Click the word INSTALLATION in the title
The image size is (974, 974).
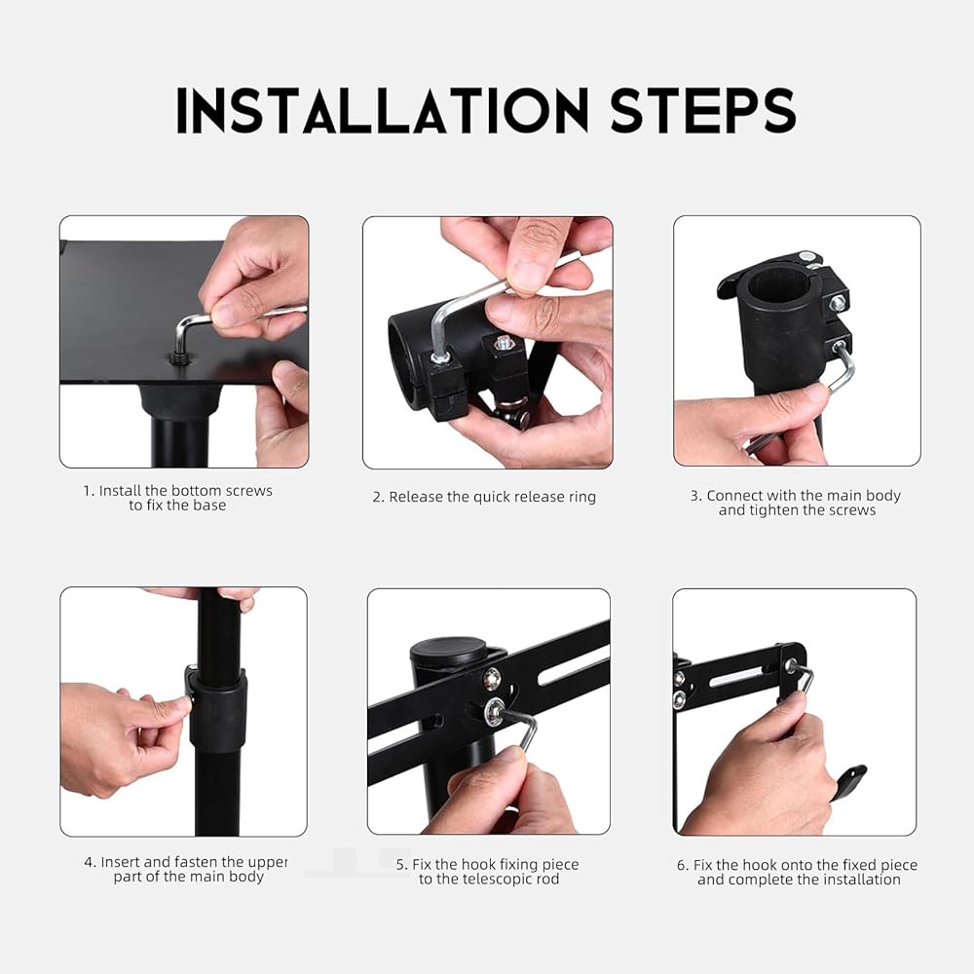click(382, 110)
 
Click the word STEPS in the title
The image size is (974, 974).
click(702, 110)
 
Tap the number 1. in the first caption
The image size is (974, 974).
click(89, 491)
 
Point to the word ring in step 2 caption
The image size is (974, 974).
click(582, 498)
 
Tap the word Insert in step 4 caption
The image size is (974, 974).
click(121, 862)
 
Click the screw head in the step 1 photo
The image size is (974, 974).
click(179, 358)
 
